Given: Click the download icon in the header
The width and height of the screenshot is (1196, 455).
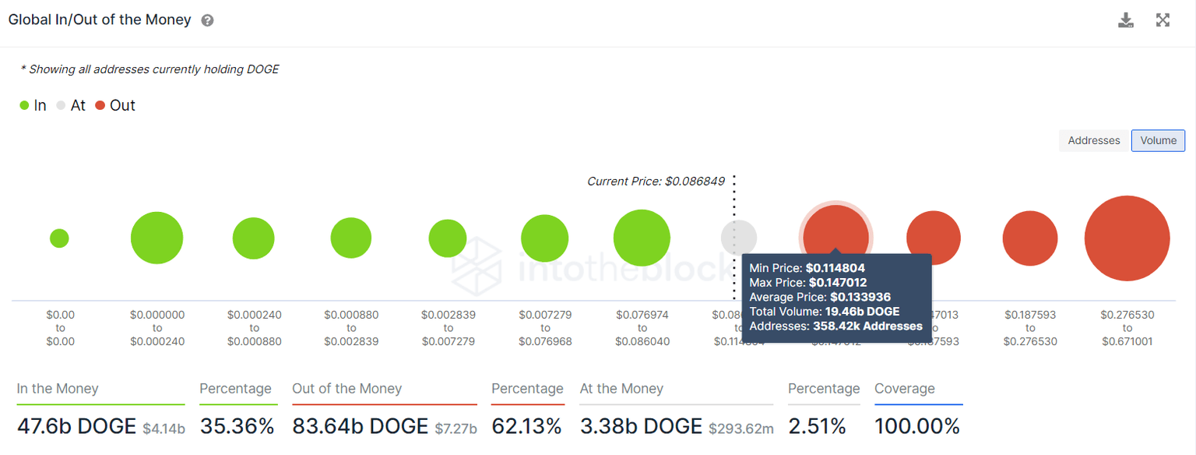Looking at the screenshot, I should [1125, 20].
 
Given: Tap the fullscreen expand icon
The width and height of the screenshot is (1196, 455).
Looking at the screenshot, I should [1163, 20].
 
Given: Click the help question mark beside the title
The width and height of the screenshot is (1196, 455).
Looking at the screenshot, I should [207, 21].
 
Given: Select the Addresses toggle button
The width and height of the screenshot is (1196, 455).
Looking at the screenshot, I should [1093, 140].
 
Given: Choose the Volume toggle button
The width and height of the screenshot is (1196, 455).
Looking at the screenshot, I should [1158, 140].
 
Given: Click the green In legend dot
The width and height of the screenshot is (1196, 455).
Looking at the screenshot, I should [24, 106].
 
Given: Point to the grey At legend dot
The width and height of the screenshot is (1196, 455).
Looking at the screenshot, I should [62, 106].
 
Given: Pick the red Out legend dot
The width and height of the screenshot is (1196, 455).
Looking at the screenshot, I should [100, 106].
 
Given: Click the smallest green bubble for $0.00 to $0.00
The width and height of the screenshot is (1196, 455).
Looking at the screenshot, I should [59, 238].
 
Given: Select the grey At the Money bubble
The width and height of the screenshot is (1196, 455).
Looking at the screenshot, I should [738, 238].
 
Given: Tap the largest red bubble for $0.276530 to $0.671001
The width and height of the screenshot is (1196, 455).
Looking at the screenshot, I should [1127, 238].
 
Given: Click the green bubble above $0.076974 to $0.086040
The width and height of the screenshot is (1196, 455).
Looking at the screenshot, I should [642, 238].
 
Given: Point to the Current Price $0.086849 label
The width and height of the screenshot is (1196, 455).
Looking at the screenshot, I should [656, 182].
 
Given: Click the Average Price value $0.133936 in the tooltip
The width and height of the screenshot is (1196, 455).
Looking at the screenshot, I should [860, 297].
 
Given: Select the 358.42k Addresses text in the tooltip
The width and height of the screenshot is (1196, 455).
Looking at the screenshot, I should [867, 326].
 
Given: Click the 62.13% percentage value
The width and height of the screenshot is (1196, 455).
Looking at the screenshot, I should [526, 426].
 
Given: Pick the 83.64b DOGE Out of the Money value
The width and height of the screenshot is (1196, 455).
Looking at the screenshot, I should [360, 426].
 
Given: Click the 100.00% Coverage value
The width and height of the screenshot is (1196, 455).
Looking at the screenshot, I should [917, 426].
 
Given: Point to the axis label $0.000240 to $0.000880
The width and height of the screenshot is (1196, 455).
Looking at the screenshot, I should [254, 328].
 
